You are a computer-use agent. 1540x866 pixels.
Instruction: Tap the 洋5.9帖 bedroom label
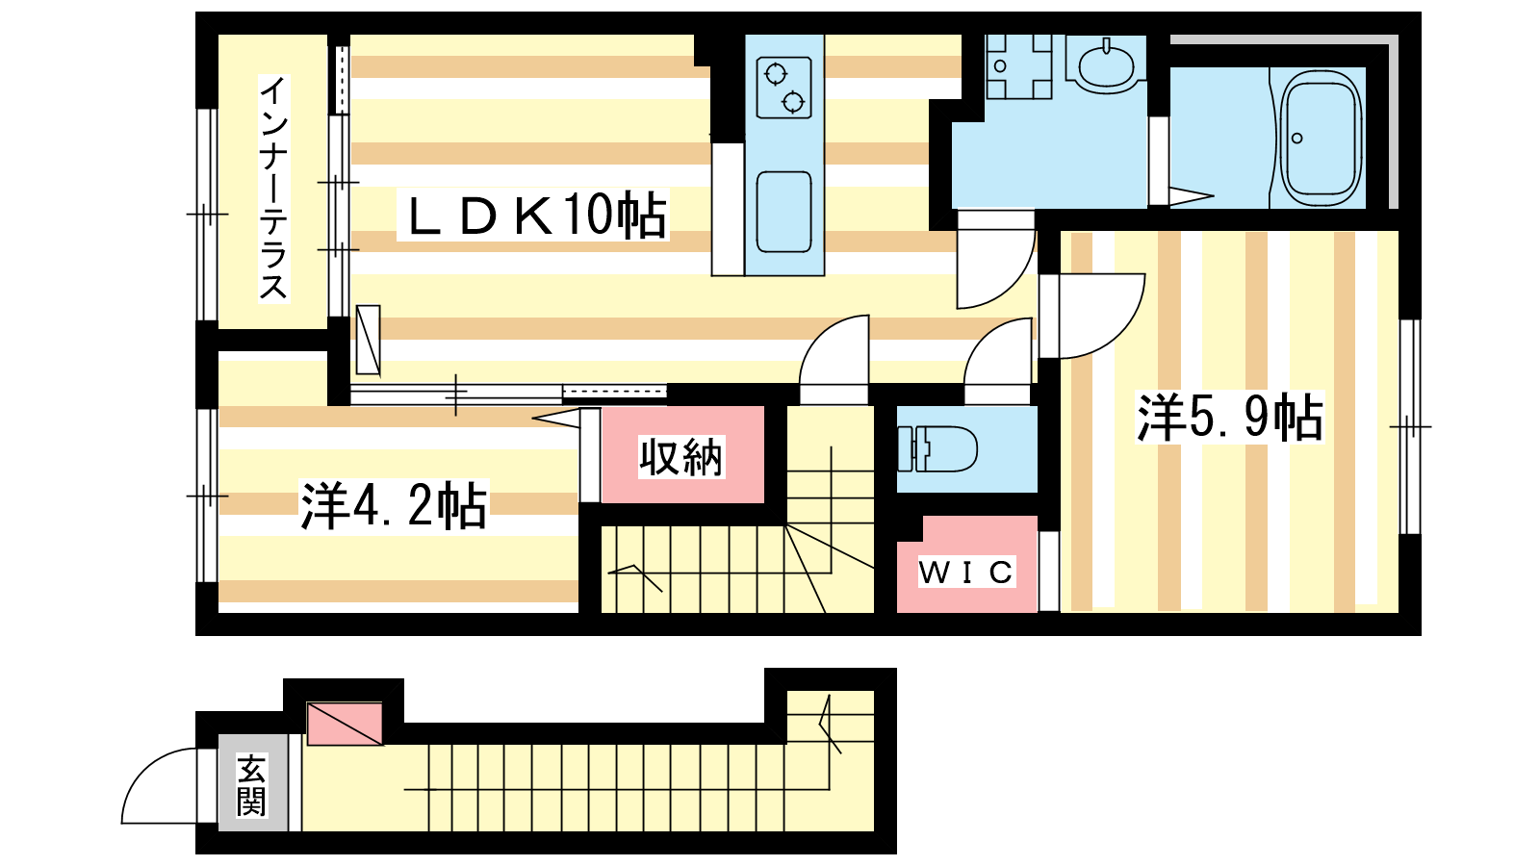pyautogui.click(x=1230, y=417)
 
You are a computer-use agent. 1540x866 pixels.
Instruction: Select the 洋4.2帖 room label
pyautogui.click(x=394, y=505)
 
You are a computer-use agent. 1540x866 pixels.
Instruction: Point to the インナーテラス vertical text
pyautogui.click(x=273, y=189)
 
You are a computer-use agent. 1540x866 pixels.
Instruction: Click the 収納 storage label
pyautogui.click(x=681, y=456)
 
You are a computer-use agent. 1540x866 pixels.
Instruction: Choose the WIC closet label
pyautogui.click(x=966, y=572)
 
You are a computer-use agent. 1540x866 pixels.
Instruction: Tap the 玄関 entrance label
pyautogui.click(x=251, y=784)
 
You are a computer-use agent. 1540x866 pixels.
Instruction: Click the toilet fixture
pyautogui.click(x=937, y=448)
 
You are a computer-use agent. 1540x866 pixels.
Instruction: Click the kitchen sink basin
pyautogui.click(x=783, y=212)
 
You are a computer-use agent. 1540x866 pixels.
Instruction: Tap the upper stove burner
pyautogui.click(x=776, y=73)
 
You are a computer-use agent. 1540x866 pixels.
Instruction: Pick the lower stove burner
pyautogui.click(x=793, y=102)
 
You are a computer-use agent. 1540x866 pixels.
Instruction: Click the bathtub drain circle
pyautogui.click(x=1297, y=139)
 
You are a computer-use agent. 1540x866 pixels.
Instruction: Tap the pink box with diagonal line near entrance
pyautogui.click(x=345, y=723)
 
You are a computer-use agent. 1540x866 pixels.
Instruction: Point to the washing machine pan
pyautogui.click(x=1019, y=66)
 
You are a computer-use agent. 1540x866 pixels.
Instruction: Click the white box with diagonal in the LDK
pyautogui.click(x=369, y=340)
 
